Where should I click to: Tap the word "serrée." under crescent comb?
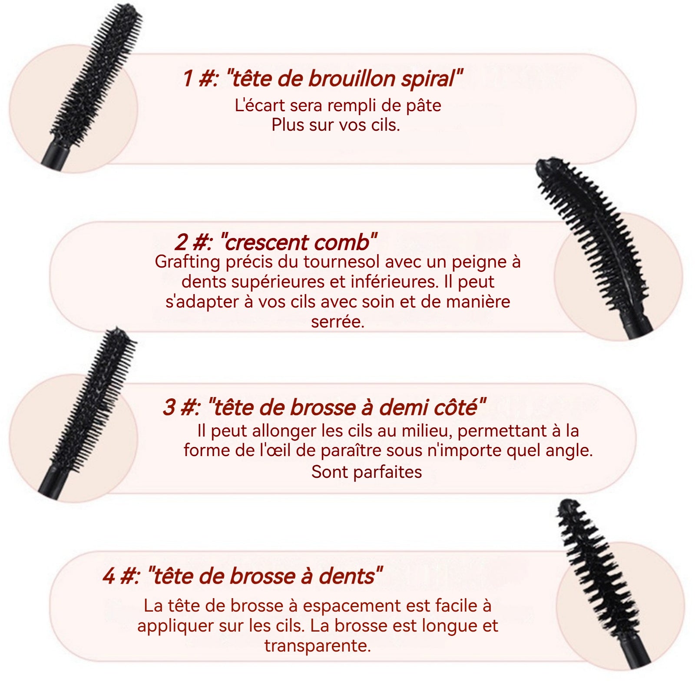click(338, 322)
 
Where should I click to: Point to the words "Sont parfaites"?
click(367, 472)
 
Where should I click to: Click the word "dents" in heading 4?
click(347, 576)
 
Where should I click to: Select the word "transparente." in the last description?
click(318, 645)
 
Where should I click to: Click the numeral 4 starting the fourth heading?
click(109, 576)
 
